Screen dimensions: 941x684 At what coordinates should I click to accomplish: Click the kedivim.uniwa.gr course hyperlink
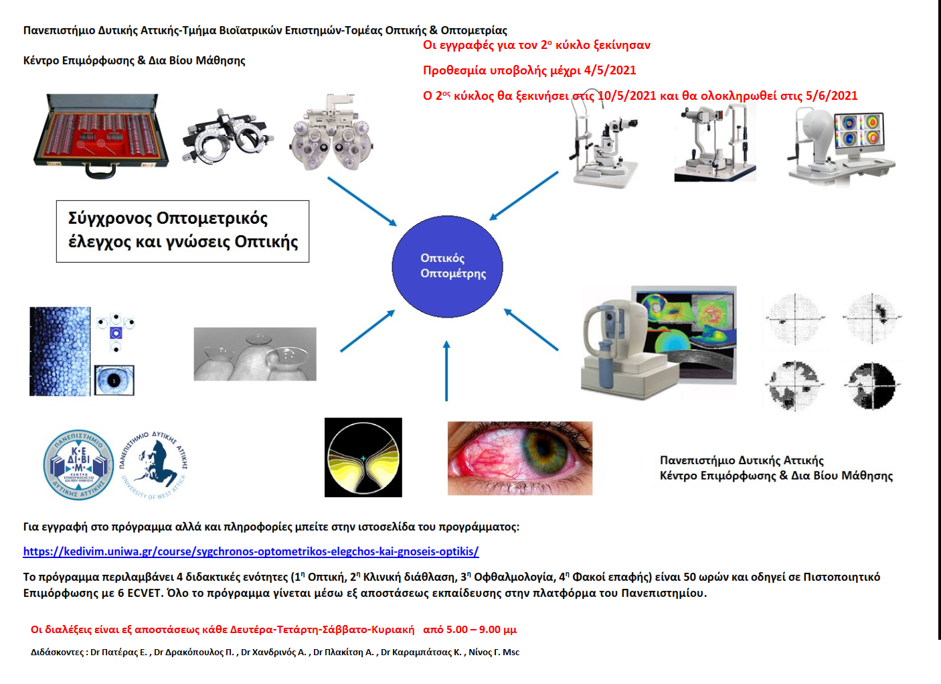click(251, 551)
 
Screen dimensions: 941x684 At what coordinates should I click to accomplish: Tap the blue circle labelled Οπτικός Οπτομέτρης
click(447, 267)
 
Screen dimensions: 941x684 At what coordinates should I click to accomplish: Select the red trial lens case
click(101, 135)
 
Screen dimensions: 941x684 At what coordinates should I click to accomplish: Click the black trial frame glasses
click(228, 137)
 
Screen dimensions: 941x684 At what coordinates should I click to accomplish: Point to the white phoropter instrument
click(332, 133)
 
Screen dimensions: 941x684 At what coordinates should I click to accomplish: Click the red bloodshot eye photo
click(520, 458)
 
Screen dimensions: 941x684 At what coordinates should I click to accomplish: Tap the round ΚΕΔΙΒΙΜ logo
click(78, 464)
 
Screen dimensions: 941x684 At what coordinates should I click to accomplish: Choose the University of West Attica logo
click(154, 464)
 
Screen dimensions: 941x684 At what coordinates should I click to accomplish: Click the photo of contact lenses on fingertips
click(255, 354)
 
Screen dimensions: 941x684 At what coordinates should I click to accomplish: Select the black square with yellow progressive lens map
click(363, 457)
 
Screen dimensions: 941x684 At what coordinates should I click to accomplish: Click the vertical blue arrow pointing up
click(446, 370)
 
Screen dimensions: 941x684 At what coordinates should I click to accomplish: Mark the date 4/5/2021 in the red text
click(610, 70)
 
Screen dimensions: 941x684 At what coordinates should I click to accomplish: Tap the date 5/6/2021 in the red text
click(831, 96)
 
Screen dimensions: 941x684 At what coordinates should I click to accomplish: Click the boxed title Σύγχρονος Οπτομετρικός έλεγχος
click(183, 231)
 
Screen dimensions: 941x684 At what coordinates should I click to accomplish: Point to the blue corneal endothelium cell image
click(60, 352)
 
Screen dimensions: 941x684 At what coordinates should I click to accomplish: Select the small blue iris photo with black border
click(114, 380)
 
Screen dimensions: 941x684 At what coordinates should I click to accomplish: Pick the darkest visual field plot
click(871, 385)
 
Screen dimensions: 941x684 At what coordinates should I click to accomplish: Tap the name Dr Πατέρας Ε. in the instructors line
click(119, 652)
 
